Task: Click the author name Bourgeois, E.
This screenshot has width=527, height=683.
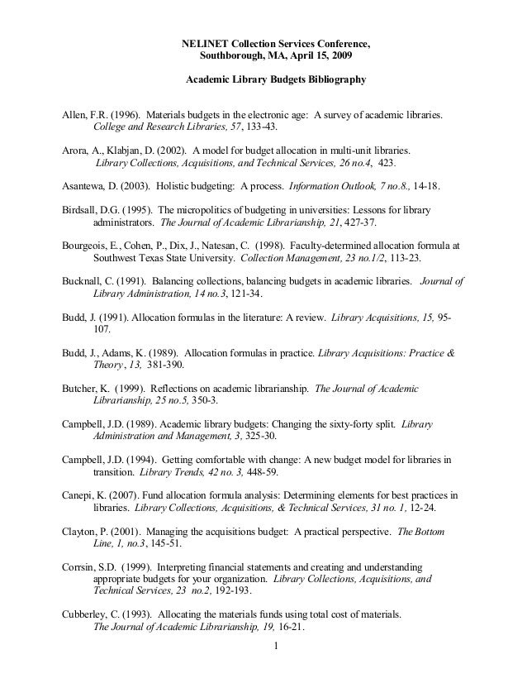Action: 91,246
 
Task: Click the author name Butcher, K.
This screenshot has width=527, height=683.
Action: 88,388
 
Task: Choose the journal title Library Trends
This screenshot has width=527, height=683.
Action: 170,472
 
